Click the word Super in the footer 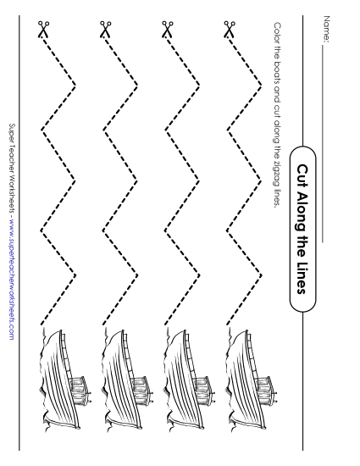click(12, 130)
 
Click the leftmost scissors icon click(42, 31)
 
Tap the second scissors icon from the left click(105, 31)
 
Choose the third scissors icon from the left click(167, 31)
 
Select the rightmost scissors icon click(229, 31)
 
